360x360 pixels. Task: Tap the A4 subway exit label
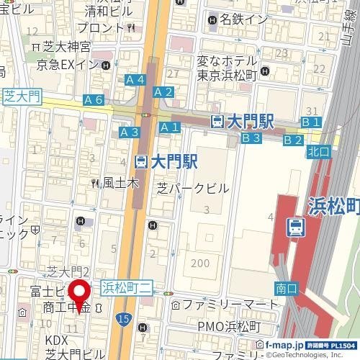tap(135, 79)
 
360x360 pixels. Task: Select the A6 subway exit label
tap(93, 100)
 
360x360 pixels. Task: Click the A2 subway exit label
tap(163, 91)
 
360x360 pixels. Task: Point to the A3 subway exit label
tap(129, 132)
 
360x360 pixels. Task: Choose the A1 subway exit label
tap(169, 127)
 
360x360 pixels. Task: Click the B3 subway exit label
tap(250, 138)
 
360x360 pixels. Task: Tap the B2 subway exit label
tap(292, 139)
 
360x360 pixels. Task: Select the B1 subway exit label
tap(311, 122)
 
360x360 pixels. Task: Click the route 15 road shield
tap(126, 318)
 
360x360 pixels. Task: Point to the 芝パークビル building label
tap(193, 188)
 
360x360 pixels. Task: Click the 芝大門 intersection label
tap(22, 96)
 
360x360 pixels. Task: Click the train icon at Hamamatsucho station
tap(294, 228)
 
